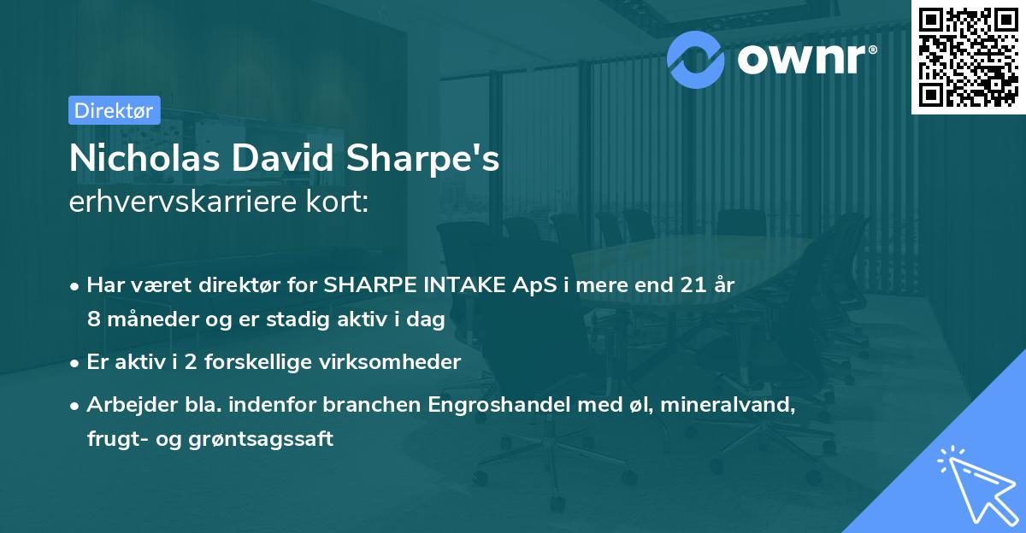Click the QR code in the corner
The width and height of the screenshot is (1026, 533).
[x=968, y=57]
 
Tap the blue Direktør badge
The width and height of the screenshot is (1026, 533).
[x=114, y=110]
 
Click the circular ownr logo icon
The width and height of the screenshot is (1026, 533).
[x=694, y=58]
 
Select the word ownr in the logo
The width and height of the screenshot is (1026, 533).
[x=800, y=59]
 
